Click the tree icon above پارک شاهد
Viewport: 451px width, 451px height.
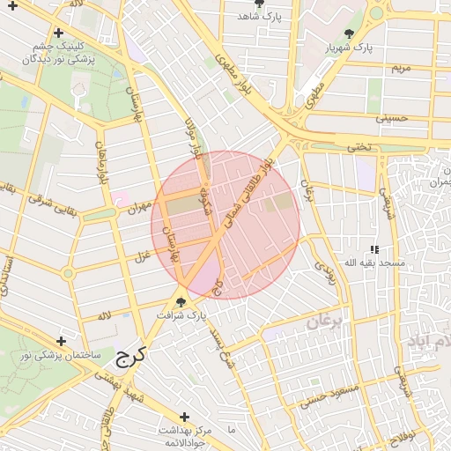click(257, 4)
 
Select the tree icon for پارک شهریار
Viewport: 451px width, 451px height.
click(351, 33)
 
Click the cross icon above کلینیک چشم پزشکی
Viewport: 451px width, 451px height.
click(59, 33)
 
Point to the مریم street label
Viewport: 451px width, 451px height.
click(401, 68)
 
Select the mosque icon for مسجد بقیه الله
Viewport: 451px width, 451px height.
click(374, 249)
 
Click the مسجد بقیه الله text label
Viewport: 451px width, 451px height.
click(374, 263)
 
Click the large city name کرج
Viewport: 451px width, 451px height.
click(132, 356)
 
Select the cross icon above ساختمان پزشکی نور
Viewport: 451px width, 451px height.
click(61, 341)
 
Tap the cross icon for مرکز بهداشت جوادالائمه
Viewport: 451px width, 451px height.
click(184, 417)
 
